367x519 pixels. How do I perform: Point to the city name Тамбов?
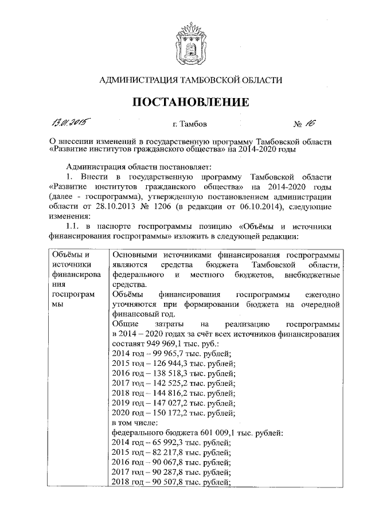tap(186, 123)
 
